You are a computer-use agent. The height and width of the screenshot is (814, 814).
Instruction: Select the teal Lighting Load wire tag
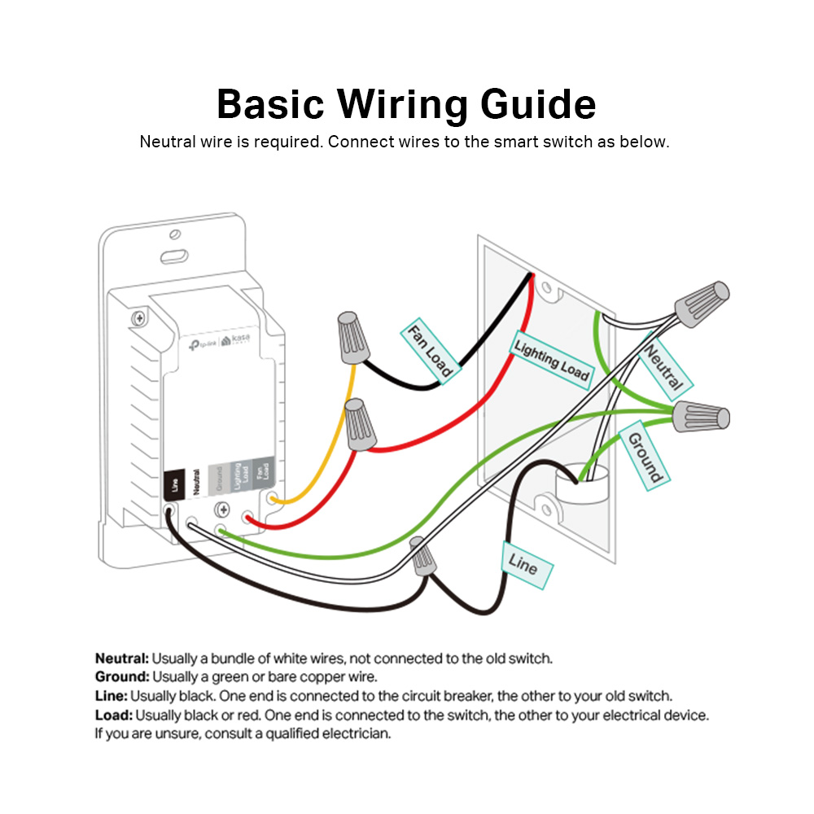click(551, 359)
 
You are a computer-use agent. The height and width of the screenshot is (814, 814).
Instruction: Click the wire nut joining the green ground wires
click(701, 417)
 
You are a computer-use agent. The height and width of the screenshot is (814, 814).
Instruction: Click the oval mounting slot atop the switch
click(173, 257)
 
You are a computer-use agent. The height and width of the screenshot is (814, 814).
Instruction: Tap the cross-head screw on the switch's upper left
click(139, 317)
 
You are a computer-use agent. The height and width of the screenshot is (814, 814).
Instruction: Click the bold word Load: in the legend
click(113, 716)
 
